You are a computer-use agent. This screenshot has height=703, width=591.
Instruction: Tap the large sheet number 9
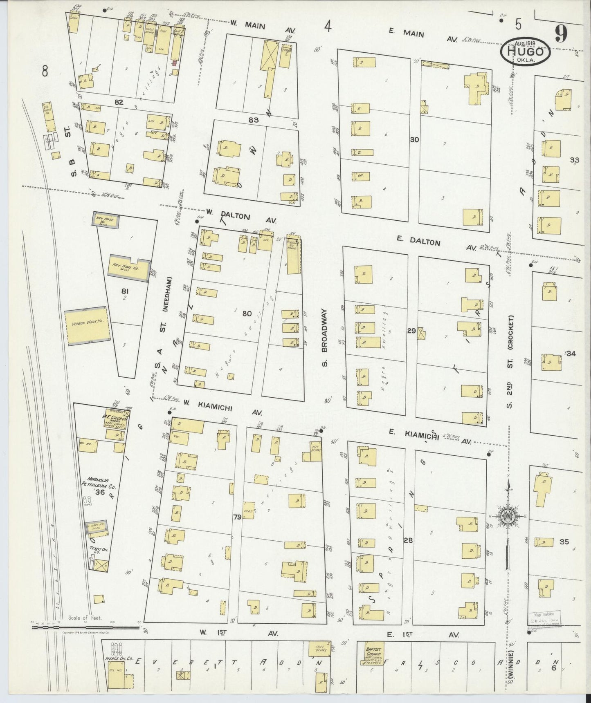561,35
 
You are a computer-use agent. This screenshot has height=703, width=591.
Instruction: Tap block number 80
247,314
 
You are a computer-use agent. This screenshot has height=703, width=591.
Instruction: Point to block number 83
254,120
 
